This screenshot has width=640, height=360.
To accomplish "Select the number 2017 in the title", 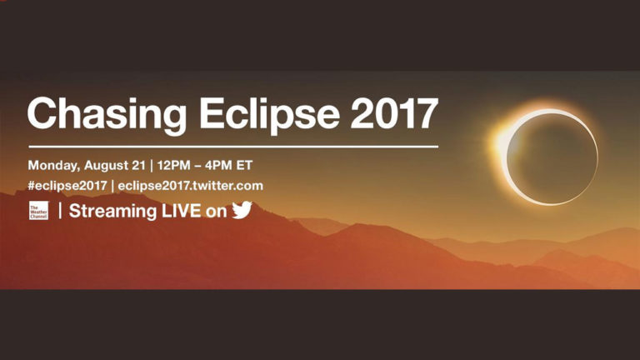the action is (x=394, y=113).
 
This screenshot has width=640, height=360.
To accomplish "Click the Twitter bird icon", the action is (x=242, y=210).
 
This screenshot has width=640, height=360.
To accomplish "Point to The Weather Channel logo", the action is (x=39, y=211).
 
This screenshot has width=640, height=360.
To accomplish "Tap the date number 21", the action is (x=138, y=165).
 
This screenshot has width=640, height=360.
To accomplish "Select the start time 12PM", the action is (x=174, y=165).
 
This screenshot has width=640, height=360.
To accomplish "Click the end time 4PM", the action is (x=219, y=165).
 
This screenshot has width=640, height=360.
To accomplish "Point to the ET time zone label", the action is (x=244, y=165).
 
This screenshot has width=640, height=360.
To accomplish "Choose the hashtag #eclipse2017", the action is (x=67, y=186).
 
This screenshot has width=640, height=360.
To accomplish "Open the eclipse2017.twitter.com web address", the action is (x=190, y=186).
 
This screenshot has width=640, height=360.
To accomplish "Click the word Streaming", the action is (x=113, y=212).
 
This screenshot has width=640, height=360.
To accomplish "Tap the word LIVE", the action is (x=181, y=211).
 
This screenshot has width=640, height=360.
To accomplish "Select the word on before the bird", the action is (x=216, y=212).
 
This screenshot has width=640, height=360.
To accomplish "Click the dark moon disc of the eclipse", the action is (x=552, y=158).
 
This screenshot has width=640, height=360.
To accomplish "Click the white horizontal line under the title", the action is (x=233, y=146).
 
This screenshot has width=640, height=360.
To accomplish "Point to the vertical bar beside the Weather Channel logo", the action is (x=60, y=211).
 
